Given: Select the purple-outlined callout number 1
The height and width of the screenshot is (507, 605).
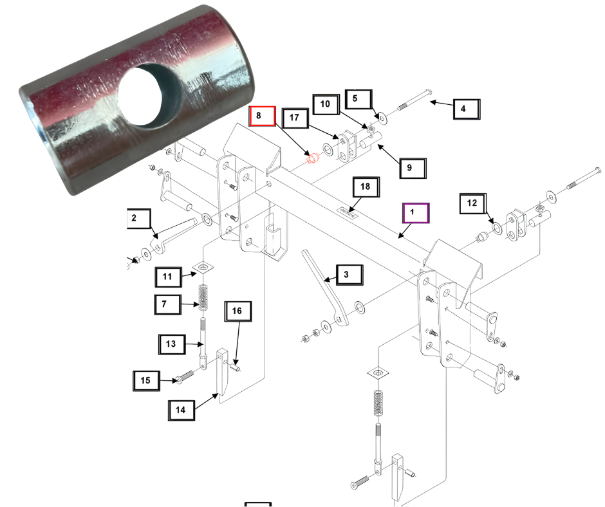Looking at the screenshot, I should click(x=415, y=213).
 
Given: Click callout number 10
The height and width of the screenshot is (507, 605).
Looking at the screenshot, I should click(x=326, y=104).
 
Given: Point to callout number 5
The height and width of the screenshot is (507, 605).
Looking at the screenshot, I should click(x=359, y=98).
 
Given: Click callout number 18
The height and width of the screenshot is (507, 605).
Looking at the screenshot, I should click(x=366, y=187).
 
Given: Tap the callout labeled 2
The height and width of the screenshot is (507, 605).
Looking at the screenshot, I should click(x=134, y=219).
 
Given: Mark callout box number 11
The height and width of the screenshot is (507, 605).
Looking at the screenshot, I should click(x=168, y=278).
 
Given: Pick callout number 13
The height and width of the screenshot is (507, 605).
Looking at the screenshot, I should click(x=171, y=344).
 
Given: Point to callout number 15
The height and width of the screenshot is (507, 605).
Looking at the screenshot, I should click(x=145, y=380).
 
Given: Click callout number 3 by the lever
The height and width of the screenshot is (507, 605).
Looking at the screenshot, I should click(x=347, y=275).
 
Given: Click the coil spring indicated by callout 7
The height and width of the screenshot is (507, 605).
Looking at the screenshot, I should click(x=204, y=297).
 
